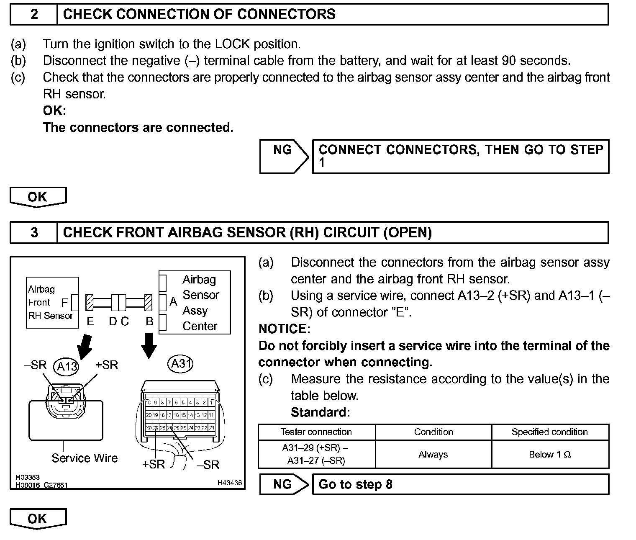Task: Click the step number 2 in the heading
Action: [34, 14]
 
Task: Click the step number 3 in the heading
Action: [34, 232]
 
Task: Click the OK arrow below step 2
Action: [38, 197]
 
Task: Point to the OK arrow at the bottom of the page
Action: [38, 519]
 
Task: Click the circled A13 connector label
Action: [66, 367]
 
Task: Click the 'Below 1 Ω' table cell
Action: [550, 455]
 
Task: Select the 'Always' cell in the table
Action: [433, 455]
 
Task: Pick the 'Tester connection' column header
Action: [316, 432]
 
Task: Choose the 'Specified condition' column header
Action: [550, 432]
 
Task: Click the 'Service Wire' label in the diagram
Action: [85, 458]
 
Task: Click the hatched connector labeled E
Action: [90, 302]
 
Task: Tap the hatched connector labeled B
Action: [149, 302]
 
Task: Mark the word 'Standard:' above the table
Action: [320, 412]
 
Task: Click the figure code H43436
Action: [229, 483]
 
